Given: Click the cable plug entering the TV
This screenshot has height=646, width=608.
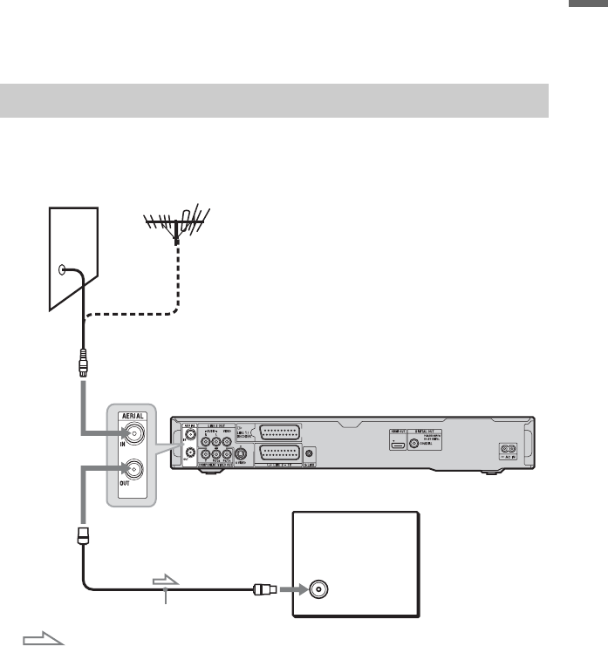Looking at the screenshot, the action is (262, 588).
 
